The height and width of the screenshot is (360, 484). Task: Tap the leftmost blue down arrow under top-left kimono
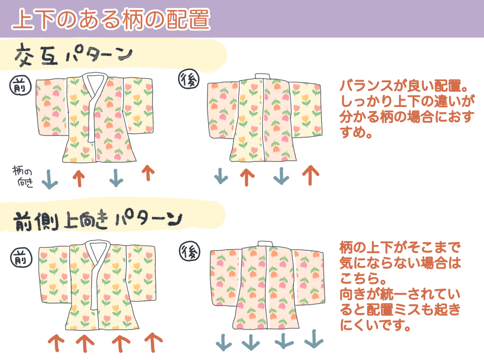[49, 180]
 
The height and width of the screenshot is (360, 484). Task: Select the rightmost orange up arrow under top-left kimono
[148, 173]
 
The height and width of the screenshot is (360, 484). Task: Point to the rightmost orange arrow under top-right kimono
[310, 175]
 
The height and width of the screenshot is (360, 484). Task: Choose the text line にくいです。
[374, 325]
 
